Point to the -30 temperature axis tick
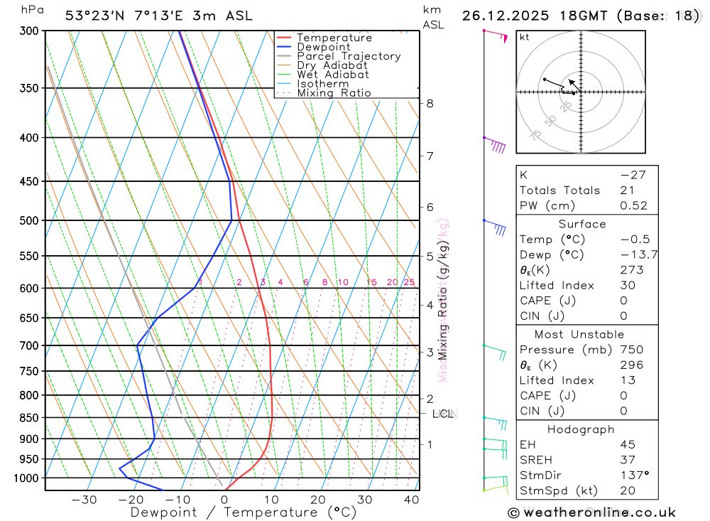[84, 500]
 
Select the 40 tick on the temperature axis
[411, 500]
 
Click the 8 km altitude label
[430, 103]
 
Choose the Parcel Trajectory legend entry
[348, 56]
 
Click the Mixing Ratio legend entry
[334, 93]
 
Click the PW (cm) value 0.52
[633, 206]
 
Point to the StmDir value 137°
[630, 475]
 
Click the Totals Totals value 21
[627, 190]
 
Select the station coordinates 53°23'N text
[92, 16]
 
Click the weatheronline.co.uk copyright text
[591, 512]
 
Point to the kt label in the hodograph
[524, 37]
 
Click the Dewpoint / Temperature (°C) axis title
[244, 512]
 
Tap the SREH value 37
[627, 460]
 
